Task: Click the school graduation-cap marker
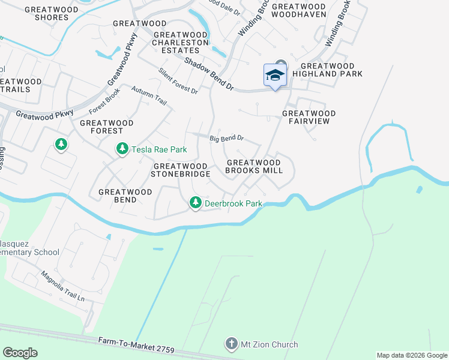click(275, 76)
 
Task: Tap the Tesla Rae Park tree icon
click(122, 148)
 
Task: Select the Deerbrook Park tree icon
click(195, 203)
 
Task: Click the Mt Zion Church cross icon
click(231, 344)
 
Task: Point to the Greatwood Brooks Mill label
click(253, 166)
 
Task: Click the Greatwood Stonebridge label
click(182, 170)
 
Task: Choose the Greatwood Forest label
click(101, 126)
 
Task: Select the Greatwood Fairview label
click(309, 117)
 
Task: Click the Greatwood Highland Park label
click(332, 70)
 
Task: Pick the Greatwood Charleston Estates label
click(180, 42)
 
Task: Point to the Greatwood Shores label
click(43, 13)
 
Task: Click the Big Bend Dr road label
click(226, 138)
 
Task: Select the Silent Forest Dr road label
click(178, 81)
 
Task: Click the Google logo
click(20, 353)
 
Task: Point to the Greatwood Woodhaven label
click(299, 10)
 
